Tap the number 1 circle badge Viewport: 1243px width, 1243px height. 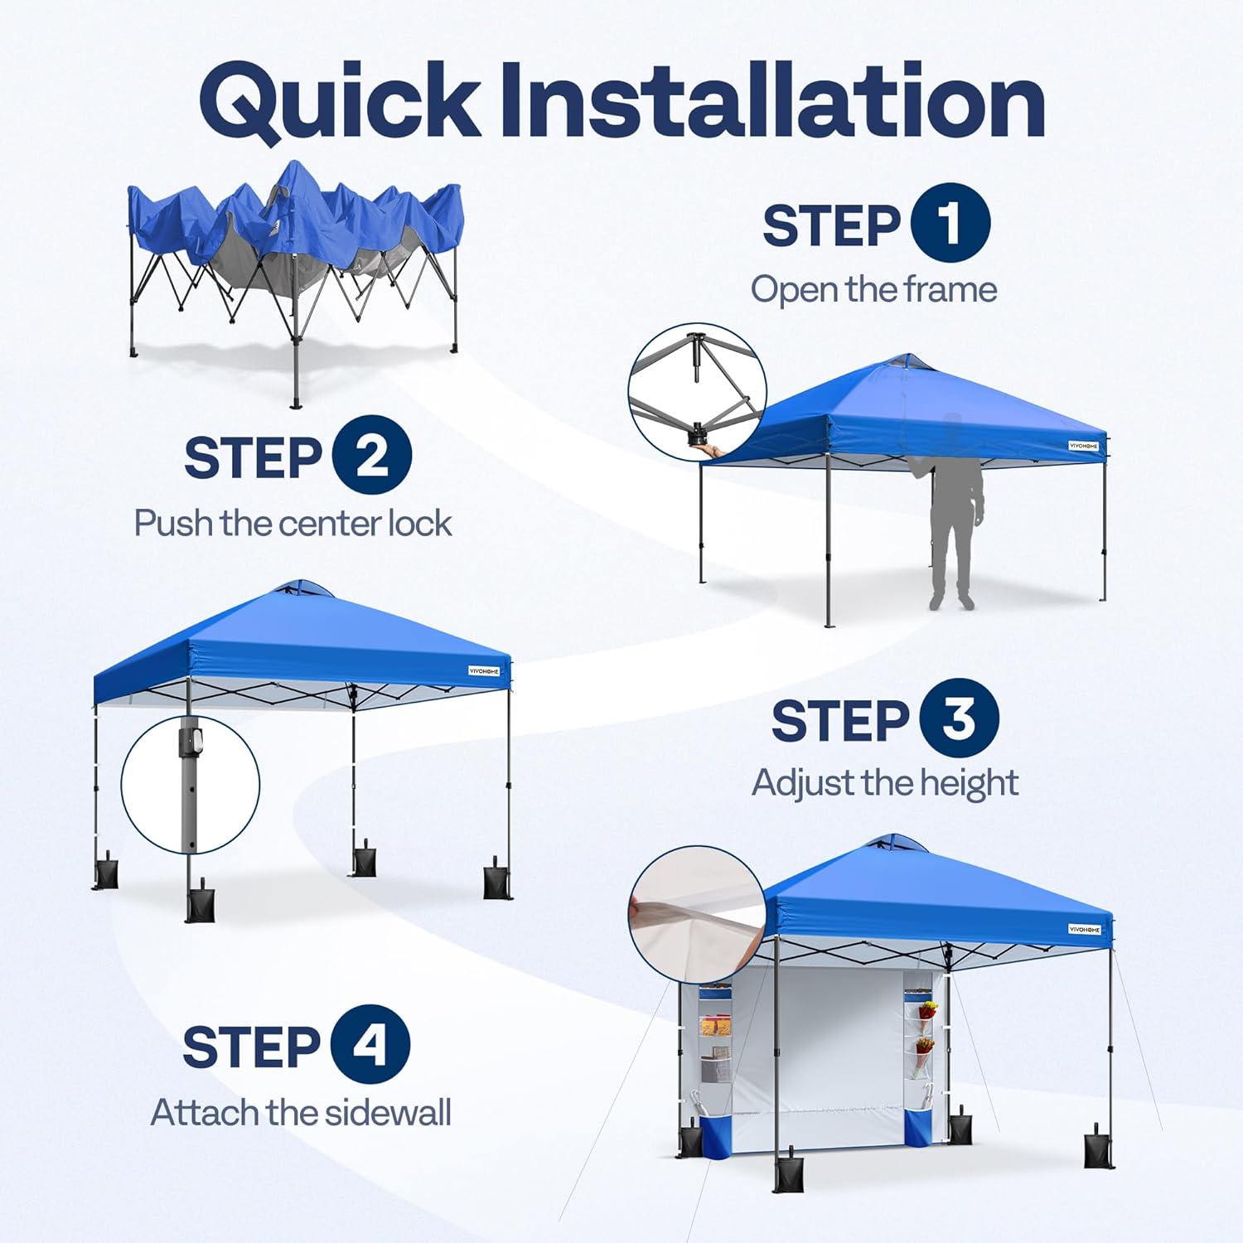[950, 223]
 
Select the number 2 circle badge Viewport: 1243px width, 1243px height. [372, 455]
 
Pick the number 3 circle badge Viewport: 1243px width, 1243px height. [958, 718]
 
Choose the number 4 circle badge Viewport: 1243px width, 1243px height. [370, 1044]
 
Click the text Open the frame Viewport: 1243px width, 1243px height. [873, 290]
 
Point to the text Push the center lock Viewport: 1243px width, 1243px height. [293, 524]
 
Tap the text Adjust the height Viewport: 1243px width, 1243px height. [884, 783]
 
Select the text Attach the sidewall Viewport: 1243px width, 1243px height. [301, 1113]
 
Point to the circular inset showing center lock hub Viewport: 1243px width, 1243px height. [697, 392]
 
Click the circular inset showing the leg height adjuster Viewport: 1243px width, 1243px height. [191, 784]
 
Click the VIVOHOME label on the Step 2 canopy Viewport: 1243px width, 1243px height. [484, 670]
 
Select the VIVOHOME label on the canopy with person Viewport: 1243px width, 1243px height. [1083, 446]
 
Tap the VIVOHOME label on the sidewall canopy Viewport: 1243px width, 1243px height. [1084, 929]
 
